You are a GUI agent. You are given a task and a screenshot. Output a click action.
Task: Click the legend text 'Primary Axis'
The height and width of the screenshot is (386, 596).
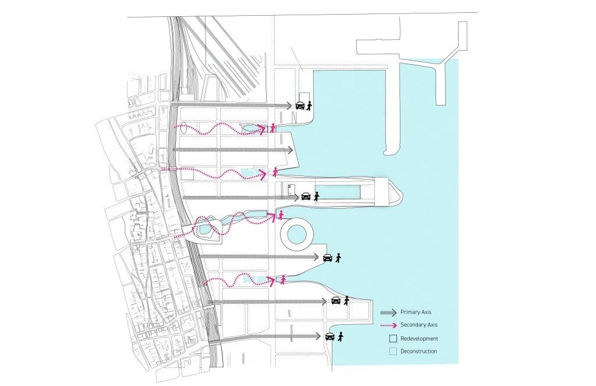pos(416,313)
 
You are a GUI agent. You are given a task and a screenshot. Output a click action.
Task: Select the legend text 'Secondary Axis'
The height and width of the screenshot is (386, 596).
pos(419,325)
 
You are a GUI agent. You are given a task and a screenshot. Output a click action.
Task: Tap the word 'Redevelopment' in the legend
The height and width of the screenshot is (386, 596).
pos(419,338)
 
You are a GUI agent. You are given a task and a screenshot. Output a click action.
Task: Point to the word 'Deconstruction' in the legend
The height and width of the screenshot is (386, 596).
pos(419,351)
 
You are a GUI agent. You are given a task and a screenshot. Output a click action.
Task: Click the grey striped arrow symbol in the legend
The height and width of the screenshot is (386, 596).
pos(388,313)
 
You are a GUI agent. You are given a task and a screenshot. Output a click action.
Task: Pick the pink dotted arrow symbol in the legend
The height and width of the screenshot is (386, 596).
pos(388,325)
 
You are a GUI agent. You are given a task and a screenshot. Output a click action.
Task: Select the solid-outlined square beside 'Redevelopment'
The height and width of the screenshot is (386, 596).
pos(393,338)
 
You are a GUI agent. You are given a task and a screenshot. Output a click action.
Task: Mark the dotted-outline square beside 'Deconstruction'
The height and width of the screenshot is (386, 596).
pos(393,351)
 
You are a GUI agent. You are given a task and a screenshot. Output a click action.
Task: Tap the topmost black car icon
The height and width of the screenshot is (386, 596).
pos(300,106)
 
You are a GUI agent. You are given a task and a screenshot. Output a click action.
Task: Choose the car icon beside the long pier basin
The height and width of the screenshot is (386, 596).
pos(306,196)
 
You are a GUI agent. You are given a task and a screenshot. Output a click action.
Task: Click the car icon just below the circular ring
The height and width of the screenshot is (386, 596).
pos(328,257)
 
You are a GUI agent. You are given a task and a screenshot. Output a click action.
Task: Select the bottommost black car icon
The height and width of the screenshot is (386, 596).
pos(330,336)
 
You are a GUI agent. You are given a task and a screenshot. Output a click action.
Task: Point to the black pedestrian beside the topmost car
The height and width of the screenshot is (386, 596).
pos(310,106)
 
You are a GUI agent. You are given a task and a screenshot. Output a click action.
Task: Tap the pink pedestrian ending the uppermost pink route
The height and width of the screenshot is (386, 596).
pos(272,128)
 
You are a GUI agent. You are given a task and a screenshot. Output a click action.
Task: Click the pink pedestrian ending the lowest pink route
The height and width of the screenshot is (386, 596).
pos(283,280)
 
